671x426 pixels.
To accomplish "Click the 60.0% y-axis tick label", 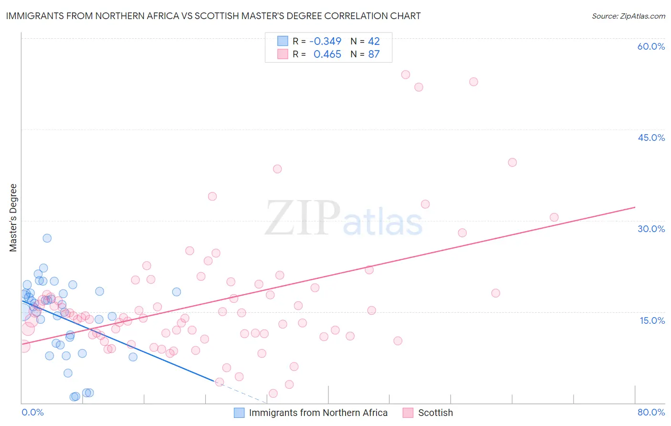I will (651, 46).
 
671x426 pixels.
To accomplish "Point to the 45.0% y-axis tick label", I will (651, 138).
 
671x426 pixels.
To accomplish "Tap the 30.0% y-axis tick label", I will (651, 229).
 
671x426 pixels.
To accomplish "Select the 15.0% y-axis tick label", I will (652, 320).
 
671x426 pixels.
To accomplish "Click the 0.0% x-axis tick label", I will (32, 412).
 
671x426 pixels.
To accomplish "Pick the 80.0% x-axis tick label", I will (651, 412).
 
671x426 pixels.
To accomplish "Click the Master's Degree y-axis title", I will (13, 218).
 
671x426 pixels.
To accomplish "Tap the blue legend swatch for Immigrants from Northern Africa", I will (239, 413).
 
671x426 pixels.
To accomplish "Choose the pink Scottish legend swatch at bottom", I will (408, 413).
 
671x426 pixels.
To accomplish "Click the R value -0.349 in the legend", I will (325, 41).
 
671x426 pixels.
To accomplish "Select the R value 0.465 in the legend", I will (327, 54).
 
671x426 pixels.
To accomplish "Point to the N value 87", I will (374, 54).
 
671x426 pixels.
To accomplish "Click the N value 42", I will (374, 41).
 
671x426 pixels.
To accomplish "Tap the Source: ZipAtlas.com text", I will (628, 16).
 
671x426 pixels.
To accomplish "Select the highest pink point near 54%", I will (406, 75).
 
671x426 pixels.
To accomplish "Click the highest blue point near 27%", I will (47, 238).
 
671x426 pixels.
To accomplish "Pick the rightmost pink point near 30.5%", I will (554, 217).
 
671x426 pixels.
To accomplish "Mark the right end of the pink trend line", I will (635, 207).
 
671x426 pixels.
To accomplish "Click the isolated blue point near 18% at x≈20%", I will (177, 292).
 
